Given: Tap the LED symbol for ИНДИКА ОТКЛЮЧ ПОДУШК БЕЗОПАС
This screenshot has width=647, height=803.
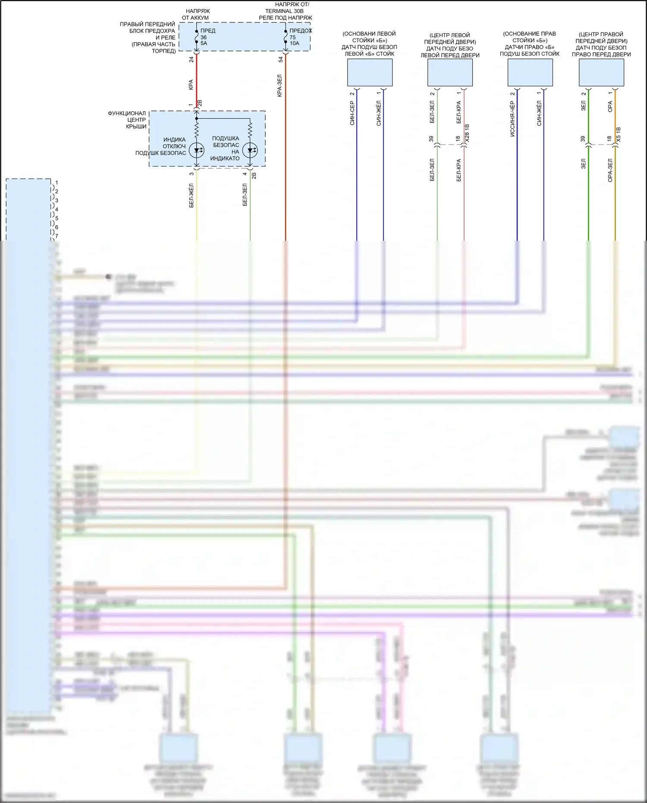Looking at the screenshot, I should (197, 150).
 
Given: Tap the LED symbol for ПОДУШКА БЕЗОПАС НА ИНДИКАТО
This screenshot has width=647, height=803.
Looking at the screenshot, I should (250, 150).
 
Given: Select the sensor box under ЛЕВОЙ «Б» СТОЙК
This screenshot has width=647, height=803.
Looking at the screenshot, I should (370, 72).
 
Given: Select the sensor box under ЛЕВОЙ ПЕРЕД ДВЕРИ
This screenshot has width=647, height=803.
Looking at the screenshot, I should (450, 72).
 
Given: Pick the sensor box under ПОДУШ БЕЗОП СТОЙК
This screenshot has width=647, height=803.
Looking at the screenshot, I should (530, 72).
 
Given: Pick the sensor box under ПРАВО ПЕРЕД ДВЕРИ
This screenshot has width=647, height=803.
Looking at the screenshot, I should (601, 72).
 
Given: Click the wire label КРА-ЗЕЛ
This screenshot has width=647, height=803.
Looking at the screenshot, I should (280, 85).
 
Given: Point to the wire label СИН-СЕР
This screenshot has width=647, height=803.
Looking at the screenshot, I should (352, 113).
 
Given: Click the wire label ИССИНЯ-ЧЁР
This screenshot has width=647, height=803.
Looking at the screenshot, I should (512, 119).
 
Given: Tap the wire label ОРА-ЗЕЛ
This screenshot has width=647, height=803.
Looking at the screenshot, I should (610, 170).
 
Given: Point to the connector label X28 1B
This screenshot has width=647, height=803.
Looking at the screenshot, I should (467, 134).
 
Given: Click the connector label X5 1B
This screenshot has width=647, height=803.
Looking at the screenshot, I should (618, 135).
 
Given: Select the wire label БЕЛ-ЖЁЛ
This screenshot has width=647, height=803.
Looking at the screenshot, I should (192, 195).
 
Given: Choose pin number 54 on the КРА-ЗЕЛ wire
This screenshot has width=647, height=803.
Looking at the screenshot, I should (280, 60).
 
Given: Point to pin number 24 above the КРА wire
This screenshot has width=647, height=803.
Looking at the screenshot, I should (192, 60).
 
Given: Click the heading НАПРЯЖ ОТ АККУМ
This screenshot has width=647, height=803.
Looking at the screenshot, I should (195, 14).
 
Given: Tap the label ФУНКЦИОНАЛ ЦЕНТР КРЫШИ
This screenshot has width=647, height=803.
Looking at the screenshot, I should (127, 120).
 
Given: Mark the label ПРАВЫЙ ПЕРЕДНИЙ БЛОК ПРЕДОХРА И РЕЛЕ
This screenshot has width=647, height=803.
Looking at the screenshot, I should (148, 38).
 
